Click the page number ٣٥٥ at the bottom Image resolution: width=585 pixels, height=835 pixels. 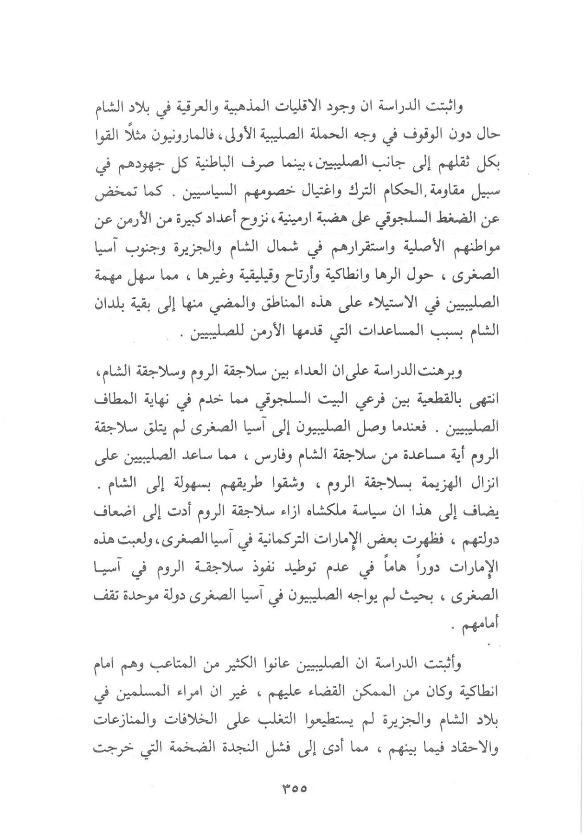pyautogui.click(x=293, y=788)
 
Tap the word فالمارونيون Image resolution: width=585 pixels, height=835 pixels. pyautogui.click(x=174, y=135)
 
